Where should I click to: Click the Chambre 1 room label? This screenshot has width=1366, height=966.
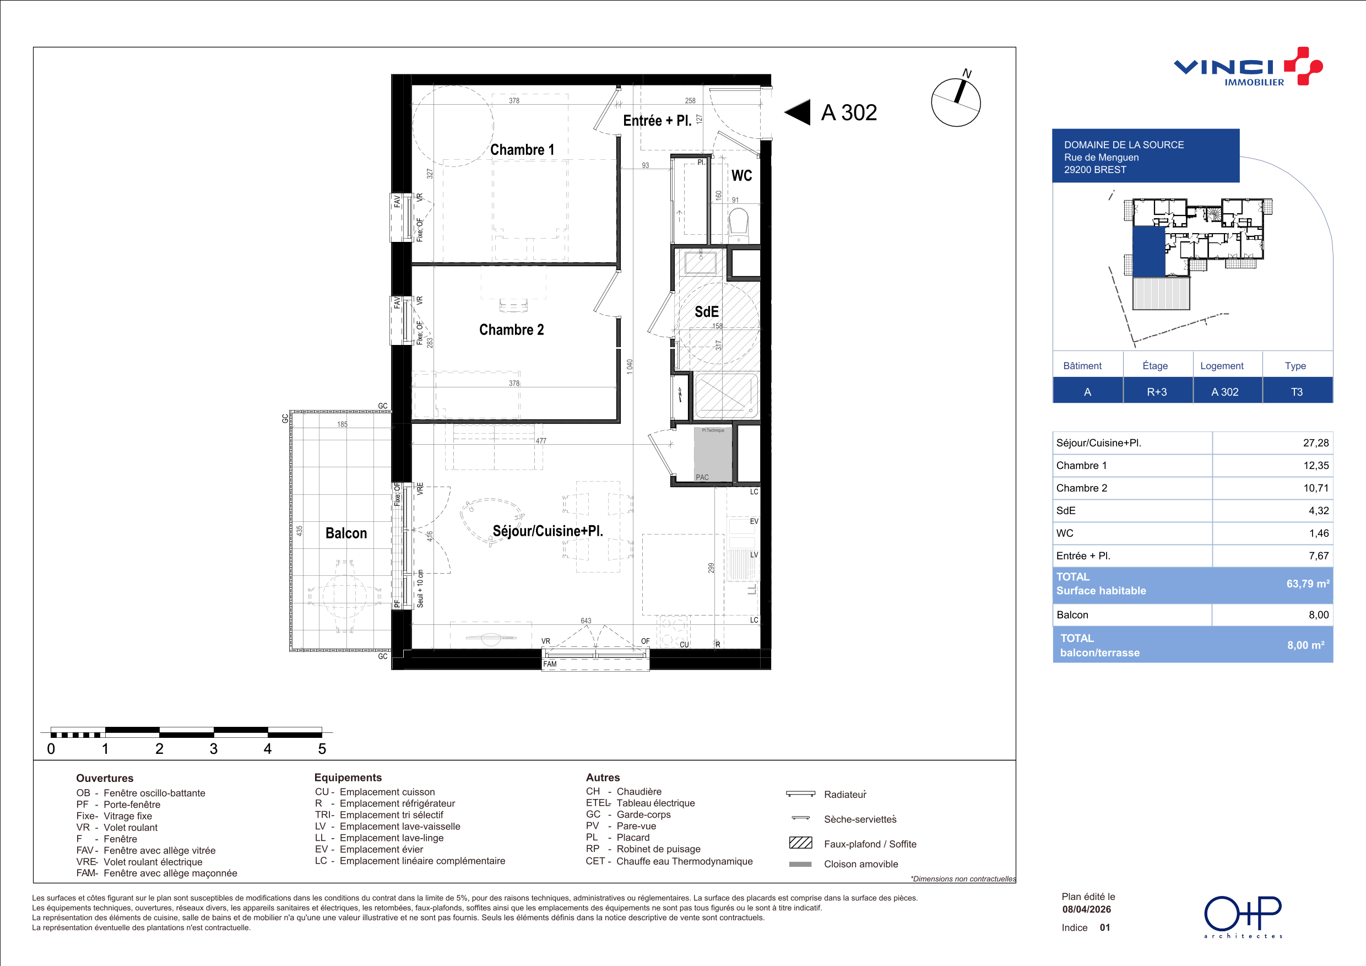(522, 150)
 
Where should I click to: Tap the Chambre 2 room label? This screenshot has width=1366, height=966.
(512, 330)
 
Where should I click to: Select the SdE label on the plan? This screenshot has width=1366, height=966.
(707, 312)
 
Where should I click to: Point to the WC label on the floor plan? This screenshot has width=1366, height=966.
(741, 176)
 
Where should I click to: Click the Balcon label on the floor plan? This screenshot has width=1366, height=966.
(346, 533)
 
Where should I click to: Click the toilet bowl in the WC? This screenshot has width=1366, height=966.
(739, 222)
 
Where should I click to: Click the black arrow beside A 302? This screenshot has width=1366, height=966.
(797, 112)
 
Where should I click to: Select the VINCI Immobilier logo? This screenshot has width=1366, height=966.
(1248, 67)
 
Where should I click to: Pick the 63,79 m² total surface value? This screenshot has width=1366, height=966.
(1308, 584)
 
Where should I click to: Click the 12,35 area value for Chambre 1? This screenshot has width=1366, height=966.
(1316, 466)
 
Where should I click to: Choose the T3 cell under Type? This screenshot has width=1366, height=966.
(1297, 392)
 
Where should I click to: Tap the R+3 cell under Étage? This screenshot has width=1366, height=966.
(1157, 392)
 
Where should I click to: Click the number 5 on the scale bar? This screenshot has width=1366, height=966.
(322, 749)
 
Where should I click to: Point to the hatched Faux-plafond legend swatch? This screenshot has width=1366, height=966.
(800, 843)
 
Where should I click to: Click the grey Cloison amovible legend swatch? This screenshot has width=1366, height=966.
(800, 864)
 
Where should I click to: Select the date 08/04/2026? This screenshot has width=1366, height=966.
(1087, 909)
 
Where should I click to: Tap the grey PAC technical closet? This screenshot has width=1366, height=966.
(713, 454)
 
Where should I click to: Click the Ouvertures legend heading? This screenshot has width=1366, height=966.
(105, 779)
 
